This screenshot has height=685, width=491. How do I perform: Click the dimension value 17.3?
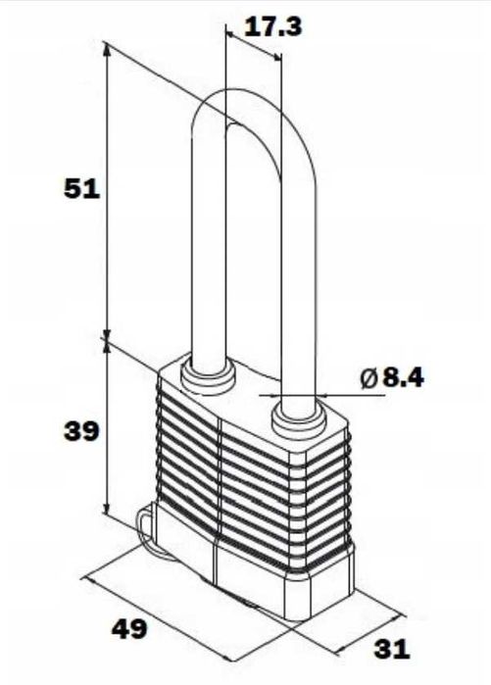coord(272,27)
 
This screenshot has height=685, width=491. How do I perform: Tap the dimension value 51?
coord(81,189)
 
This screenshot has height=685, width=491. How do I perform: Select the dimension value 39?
coord(81,431)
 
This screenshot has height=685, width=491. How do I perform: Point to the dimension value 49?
coord(129,630)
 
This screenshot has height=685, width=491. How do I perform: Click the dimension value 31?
coord(392,649)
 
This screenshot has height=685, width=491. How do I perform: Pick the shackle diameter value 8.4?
coord(403,378)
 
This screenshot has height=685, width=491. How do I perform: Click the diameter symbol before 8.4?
coord(368,378)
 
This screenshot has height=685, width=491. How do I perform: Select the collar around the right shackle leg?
coord(299,421)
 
